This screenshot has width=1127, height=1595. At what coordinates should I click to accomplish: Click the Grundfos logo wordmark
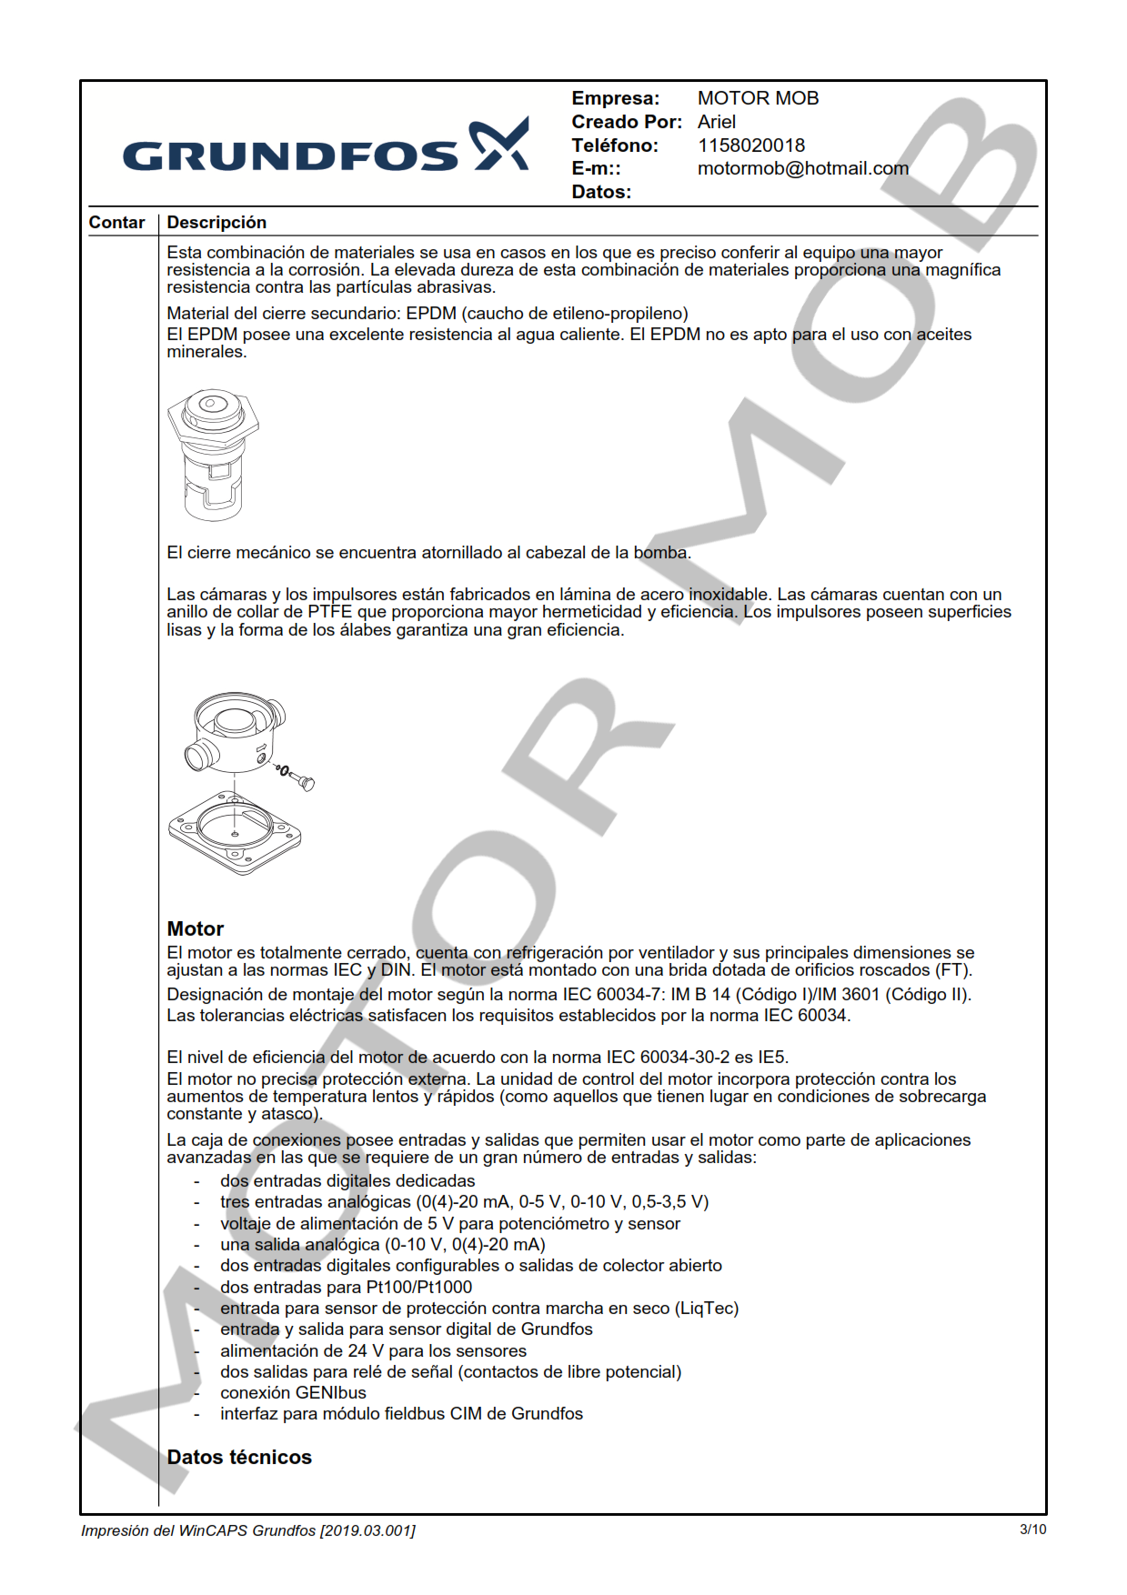point(291,155)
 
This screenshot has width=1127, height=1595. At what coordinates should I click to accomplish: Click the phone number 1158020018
point(750,145)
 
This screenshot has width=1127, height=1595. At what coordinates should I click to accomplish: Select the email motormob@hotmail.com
point(802,168)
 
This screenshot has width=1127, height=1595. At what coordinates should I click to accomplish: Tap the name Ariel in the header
point(716,122)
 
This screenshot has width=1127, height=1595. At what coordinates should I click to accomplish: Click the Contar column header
point(116,223)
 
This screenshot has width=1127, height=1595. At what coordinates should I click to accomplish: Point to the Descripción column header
point(216,223)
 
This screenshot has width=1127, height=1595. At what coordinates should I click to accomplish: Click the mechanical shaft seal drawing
point(213,454)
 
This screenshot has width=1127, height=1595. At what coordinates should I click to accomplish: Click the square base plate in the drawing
point(235,832)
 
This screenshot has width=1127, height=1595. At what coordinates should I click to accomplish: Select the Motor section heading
point(195,928)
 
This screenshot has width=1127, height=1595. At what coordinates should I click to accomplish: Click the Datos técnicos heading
point(239,1457)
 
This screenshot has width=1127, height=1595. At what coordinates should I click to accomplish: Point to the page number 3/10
point(1032,1530)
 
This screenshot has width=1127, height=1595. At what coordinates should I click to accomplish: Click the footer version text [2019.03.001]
point(367,1530)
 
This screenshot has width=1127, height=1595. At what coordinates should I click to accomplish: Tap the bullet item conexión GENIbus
point(293,1392)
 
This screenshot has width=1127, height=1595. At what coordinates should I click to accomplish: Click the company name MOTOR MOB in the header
point(758,98)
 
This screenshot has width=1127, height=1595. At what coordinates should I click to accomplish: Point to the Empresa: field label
point(615,98)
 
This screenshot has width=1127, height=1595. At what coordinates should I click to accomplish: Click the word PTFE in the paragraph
point(329,612)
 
